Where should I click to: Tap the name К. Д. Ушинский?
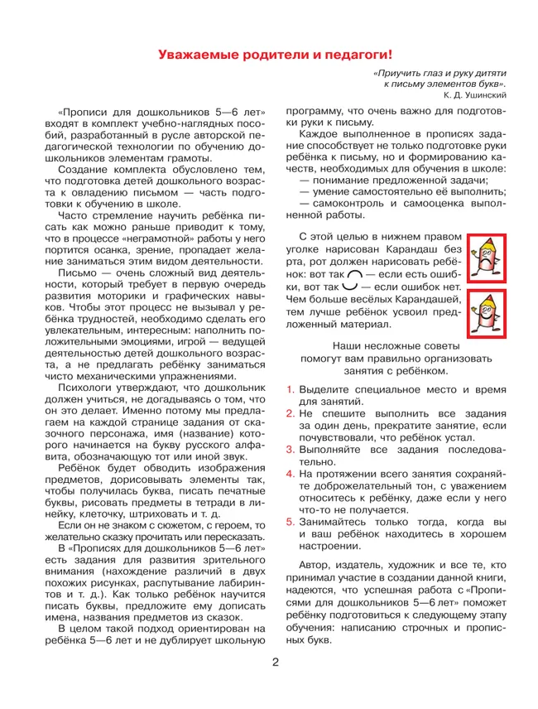coord(473,95)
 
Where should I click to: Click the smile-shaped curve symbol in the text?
coord(354,287)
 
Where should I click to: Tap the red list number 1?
coord(290,388)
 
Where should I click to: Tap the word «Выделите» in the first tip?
coord(324,388)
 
